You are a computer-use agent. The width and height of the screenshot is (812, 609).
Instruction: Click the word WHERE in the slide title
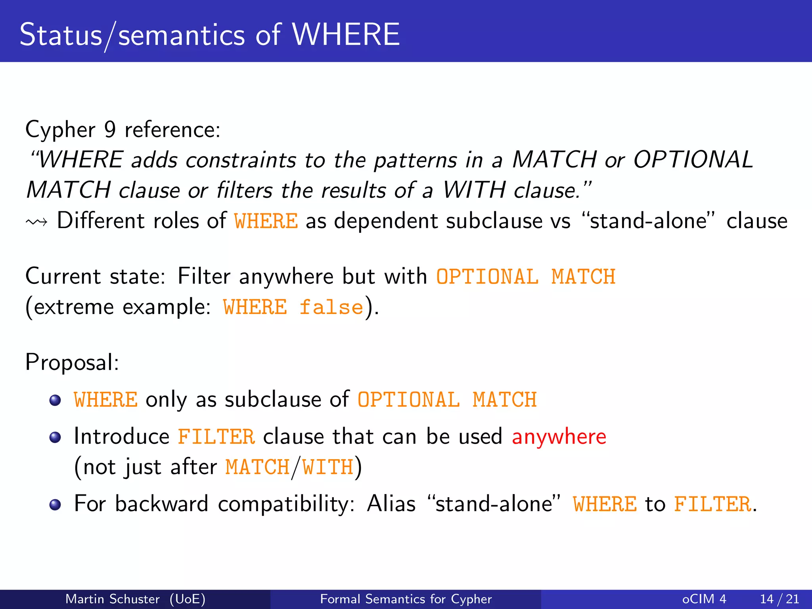(x=346, y=34)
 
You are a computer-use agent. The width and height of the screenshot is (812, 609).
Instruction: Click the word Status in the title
(x=61, y=34)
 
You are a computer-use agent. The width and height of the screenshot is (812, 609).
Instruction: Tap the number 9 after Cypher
(x=110, y=130)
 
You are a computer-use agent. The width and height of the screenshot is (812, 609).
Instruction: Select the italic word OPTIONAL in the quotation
(x=693, y=160)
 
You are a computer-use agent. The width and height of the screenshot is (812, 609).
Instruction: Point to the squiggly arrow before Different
(x=36, y=222)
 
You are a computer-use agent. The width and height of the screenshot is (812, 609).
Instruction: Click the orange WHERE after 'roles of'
(x=266, y=221)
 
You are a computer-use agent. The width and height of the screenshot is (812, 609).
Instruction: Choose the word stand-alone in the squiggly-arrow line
(x=648, y=221)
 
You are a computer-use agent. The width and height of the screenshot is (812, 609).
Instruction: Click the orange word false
(x=331, y=307)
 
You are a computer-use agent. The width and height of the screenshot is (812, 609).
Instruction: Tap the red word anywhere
(x=559, y=437)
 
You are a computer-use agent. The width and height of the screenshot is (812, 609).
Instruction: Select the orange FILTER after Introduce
(x=216, y=437)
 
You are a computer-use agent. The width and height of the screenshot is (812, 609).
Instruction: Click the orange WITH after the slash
(x=327, y=467)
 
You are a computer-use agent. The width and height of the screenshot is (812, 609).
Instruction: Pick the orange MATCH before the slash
(x=257, y=467)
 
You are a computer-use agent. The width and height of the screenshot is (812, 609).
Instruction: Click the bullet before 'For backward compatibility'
(x=55, y=505)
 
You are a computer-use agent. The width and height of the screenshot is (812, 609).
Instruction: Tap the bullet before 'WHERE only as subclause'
(x=55, y=400)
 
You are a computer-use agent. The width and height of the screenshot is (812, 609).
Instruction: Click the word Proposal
(x=72, y=362)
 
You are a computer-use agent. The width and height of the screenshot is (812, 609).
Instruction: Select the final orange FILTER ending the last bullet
(x=712, y=504)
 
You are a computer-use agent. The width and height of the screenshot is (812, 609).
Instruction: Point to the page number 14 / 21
(x=779, y=599)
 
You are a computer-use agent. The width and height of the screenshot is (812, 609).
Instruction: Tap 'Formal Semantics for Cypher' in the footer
(x=406, y=599)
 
